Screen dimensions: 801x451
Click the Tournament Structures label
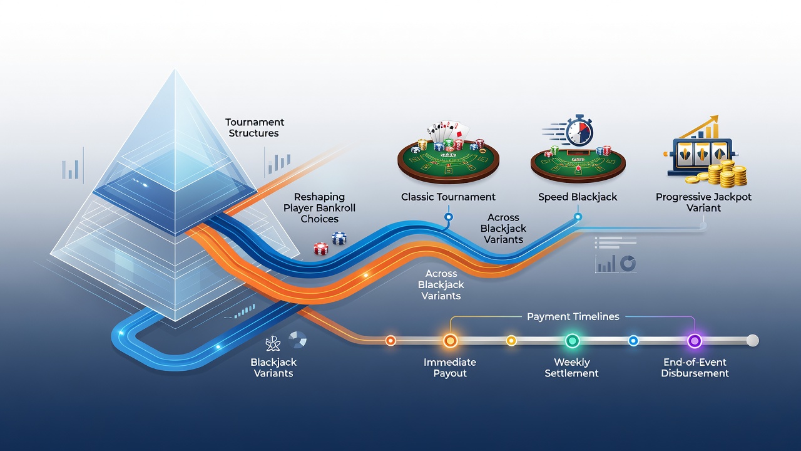255,128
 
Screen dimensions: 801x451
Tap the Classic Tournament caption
448,197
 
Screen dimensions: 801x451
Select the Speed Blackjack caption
578,197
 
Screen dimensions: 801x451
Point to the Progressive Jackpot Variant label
703,202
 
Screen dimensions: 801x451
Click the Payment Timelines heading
573,316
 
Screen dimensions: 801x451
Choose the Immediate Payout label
450,368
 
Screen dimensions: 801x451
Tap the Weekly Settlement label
571,368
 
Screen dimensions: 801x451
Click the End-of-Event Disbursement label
695,368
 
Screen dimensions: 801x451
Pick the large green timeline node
572,341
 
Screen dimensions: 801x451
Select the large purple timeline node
695,341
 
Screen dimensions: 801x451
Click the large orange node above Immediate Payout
450,341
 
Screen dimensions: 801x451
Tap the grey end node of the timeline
752,340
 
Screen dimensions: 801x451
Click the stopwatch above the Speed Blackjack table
579,131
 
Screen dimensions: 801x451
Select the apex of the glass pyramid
175,70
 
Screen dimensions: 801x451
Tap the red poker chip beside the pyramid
321,249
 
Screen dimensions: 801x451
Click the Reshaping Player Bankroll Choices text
319,207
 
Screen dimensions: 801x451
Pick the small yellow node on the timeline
511,341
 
